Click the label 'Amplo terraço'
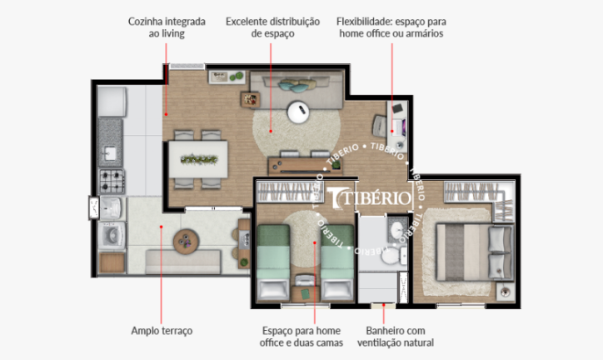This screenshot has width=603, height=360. [162, 331]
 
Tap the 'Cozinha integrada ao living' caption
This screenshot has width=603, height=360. [167, 27]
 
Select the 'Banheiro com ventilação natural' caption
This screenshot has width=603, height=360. [396, 337]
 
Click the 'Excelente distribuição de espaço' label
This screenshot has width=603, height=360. [272, 27]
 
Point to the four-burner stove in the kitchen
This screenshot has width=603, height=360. [112, 181]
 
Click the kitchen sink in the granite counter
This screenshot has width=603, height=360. [110, 153]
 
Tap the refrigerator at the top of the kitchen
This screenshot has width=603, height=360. [112, 102]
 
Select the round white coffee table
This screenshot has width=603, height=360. [298, 112]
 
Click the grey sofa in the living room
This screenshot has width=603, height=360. [297, 90]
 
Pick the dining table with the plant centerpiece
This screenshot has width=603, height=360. [198, 159]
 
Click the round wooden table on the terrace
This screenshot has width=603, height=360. [186, 242]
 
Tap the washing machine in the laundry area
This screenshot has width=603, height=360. [112, 235]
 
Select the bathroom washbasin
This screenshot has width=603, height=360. [397, 230]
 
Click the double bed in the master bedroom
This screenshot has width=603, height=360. [475, 252]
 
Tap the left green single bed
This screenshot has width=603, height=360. [273, 263]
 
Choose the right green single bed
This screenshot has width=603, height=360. [337, 263]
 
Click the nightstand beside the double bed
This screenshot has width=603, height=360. [506, 292]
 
